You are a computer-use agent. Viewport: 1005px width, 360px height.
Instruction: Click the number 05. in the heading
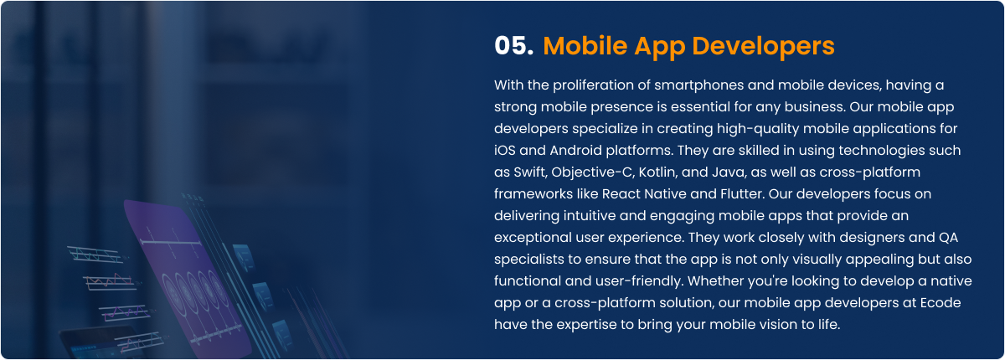513,46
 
